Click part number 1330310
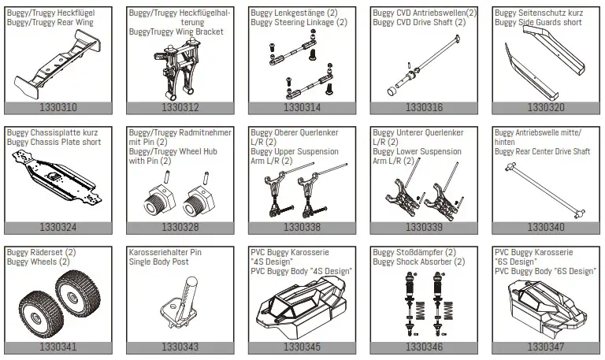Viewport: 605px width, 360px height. click(58, 107)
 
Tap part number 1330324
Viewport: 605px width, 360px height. click(58, 227)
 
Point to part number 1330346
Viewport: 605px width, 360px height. click(424, 347)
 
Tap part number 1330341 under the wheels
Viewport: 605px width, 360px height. click(58, 347)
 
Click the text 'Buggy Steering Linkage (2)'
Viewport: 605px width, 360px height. click(299, 23)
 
